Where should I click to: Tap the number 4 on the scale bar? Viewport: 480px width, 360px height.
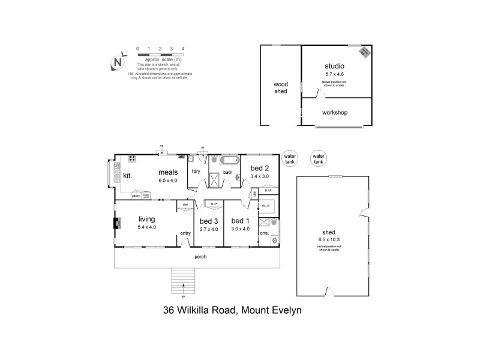[183, 48]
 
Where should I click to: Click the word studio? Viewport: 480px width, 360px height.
[335, 66]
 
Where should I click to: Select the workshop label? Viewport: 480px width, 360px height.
[335, 112]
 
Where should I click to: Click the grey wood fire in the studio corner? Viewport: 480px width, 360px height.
[364, 53]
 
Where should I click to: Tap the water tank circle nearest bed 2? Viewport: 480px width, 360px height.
[290, 159]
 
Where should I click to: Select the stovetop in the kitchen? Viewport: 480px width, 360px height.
[131, 159]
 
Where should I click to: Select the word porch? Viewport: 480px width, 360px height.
[200, 257]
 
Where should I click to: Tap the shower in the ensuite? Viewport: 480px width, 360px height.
[264, 223]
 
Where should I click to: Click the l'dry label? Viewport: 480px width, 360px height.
[195, 172]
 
